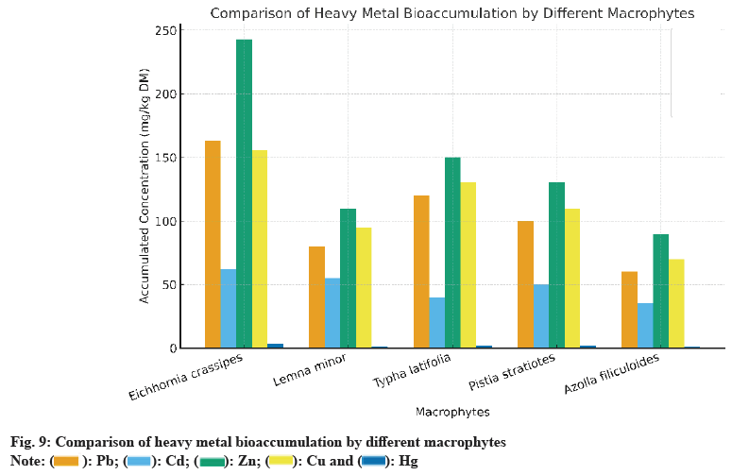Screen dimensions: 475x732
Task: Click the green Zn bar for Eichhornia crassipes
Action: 244,194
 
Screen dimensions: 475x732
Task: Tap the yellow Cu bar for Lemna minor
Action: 364,287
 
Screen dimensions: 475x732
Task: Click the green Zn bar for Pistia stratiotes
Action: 556,264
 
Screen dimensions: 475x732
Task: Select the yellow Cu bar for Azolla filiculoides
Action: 676,303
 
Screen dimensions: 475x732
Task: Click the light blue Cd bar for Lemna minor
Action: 332,313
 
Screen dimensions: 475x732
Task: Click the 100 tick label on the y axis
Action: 166,222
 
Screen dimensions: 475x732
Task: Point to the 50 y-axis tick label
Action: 169,285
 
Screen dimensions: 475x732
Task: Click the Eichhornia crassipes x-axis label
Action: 186,377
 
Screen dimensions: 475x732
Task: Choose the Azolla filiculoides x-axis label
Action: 611,375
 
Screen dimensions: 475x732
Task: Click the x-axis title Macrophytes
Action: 452,412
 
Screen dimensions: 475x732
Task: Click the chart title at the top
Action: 451,13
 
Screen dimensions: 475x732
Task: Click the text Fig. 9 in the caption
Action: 28,442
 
